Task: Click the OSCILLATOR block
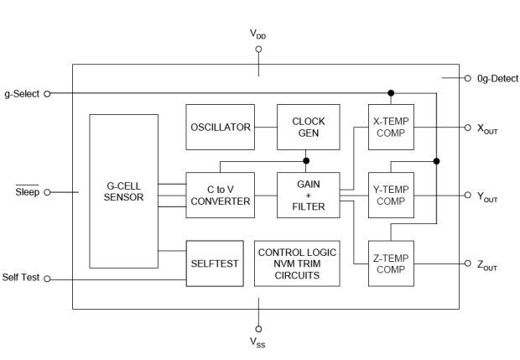[x=221, y=127]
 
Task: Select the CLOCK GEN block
[x=309, y=127]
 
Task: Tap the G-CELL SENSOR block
[x=123, y=191]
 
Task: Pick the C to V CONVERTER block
[x=221, y=195]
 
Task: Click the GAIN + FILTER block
[x=309, y=195]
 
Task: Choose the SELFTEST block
[x=215, y=263]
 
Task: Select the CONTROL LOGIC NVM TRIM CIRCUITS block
[x=297, y=263]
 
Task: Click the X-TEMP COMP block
[x=391, y=127]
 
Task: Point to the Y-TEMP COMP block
[x=391, y=195]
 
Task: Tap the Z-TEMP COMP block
[x=391, y=263]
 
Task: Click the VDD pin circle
[x=258, y=50]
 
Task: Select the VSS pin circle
[x=258, y=329]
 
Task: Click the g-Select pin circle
[x=47, y=94]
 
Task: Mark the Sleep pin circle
[x=47, y=192]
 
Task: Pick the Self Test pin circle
[x=47, y=279]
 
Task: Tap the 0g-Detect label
[x=497, y=79]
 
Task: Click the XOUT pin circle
[x=468, y=128]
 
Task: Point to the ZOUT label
[x=487, y=266]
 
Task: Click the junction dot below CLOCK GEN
[x=306, y=161]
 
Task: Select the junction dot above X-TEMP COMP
[x=391, y=93]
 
